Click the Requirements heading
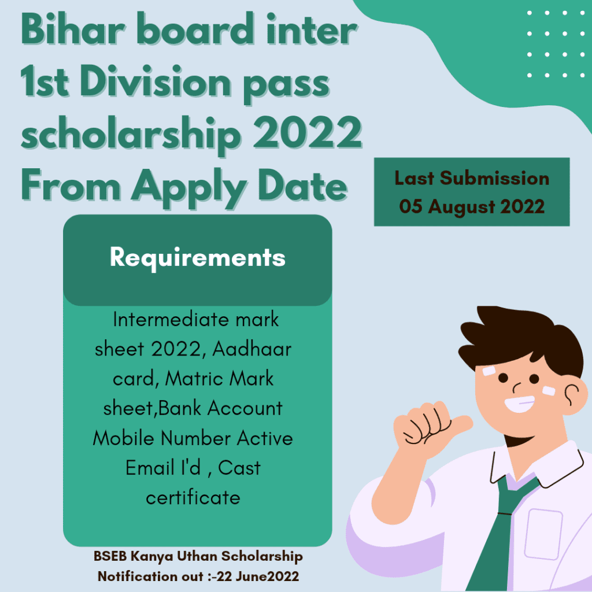tap(198, 257)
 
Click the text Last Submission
tap(472, 178)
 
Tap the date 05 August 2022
tap(472, 206)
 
